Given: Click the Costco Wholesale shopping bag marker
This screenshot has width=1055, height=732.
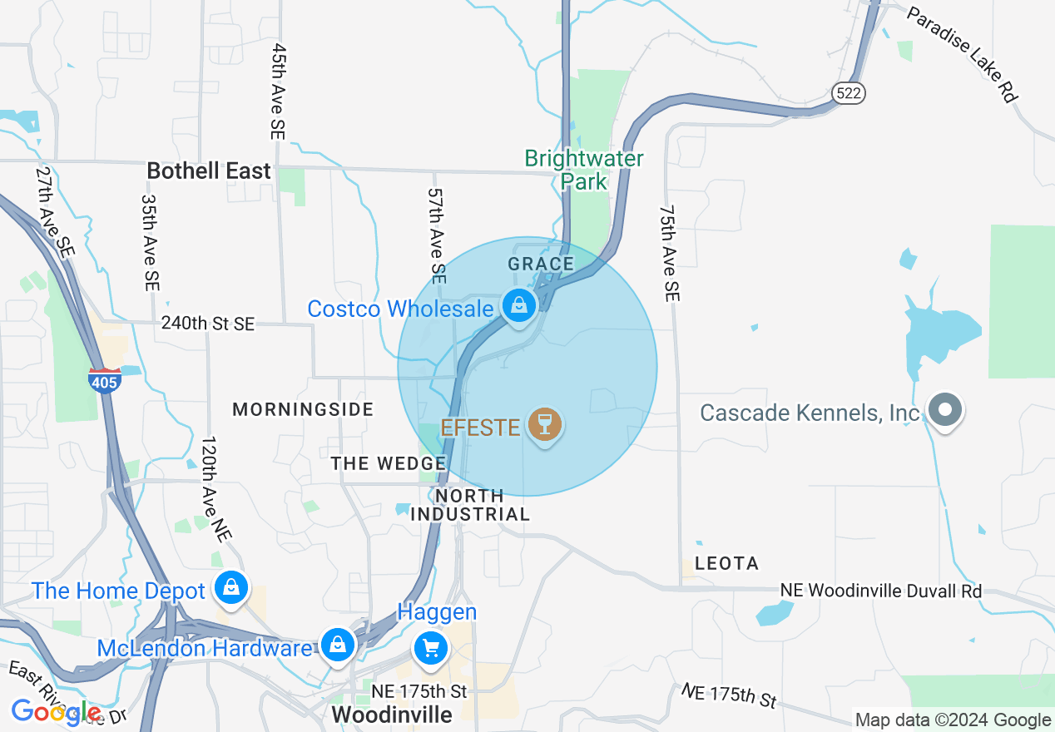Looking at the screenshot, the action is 519,306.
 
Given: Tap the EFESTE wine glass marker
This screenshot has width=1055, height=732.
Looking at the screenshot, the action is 545,425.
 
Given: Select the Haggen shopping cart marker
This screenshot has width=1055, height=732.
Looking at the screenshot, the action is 431,647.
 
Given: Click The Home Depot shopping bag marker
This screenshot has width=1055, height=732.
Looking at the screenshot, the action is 232,588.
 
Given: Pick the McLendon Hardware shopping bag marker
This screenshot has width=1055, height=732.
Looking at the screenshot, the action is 338,645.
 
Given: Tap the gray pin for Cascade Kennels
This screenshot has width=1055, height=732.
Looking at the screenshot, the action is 944,410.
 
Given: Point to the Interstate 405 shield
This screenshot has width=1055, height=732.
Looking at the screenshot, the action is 104,380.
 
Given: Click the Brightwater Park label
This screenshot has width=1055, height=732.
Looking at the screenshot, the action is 584,170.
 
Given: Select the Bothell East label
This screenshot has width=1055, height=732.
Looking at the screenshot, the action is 209,171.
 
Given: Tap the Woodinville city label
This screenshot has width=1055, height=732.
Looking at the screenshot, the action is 392,715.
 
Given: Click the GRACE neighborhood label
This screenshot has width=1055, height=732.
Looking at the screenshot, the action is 541,265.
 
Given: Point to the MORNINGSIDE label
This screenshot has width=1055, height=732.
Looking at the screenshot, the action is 303,409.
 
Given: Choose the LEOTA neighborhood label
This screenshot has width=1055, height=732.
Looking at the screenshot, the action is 726,563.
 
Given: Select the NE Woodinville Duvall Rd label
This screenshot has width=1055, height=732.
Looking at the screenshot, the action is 881,591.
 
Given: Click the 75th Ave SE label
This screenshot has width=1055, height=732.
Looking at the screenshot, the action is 670,254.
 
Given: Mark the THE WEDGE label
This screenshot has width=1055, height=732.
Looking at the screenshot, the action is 389,463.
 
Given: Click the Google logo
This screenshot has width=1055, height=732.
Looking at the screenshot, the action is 57,712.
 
